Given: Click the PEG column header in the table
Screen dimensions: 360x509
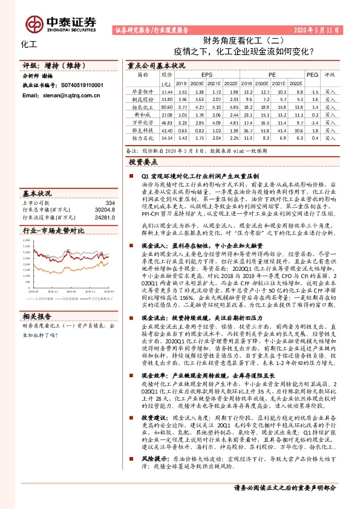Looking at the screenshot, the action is click(312, 74).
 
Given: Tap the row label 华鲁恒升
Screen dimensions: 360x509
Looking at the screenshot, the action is click(143, 91).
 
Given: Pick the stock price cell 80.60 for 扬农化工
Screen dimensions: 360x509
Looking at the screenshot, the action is click(167, 106).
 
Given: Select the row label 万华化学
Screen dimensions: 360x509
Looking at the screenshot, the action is click(143, 122).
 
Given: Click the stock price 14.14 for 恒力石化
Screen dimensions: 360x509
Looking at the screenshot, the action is click(167, 137).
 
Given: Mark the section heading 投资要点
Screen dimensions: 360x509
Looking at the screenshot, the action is click(145, 163).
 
